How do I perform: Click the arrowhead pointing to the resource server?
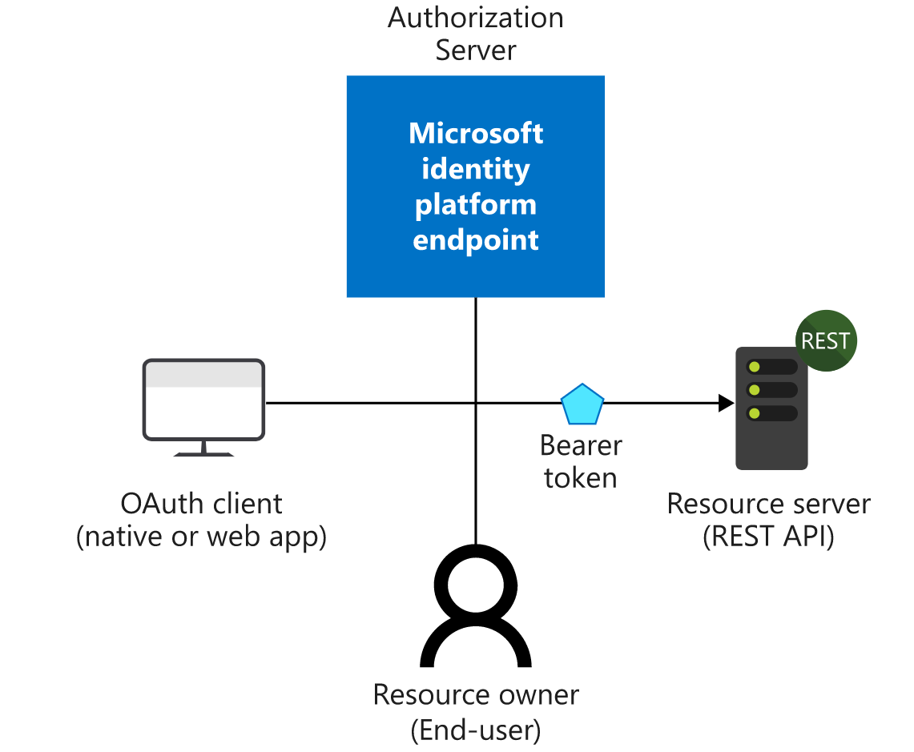pos(726,403)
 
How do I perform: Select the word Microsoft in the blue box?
pos(476,133)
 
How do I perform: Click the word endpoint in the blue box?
pos(476,240)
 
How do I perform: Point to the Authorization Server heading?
pos(476,34)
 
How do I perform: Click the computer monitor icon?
pos(203,400)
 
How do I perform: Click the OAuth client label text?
pos(201,504)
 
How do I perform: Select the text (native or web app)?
pos(201,537)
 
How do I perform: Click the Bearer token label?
pos(581,461)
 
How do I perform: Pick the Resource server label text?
pos(768,504)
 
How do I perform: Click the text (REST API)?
pos(768,537)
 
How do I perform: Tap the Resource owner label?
pos(476,694)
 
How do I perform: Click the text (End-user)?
pos(476,730)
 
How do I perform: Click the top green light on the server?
pos(753,367)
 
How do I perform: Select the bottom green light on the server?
pos(753,413)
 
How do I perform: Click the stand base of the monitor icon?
pos(203,453)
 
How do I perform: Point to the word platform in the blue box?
pos(476,204)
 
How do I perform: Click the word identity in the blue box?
pos(476,169)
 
